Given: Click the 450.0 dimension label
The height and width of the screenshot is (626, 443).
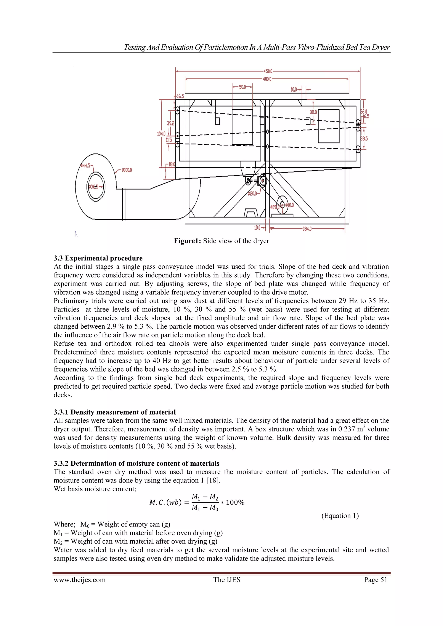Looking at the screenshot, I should (x=268, y=71).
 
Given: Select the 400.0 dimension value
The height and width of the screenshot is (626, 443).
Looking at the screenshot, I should (x=267, y=79).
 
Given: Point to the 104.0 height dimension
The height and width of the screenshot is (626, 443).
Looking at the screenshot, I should (x=161, y=134).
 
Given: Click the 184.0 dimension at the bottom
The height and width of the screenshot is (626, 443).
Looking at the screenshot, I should (x=307, y=229).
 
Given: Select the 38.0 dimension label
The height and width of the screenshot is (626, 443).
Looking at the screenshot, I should (x=313, y=112).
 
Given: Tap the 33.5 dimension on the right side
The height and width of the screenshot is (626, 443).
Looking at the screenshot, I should (x=364, y=139).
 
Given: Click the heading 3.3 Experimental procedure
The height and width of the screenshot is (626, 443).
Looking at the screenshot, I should (x=98, y=258).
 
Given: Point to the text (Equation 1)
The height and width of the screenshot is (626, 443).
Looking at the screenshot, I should (x=340, y=516).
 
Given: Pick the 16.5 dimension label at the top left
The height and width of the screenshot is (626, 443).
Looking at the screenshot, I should (x=180, y=96).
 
